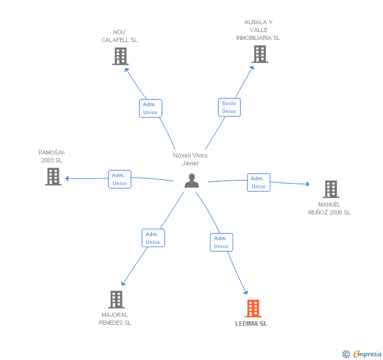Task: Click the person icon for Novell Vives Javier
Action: coord(192,181)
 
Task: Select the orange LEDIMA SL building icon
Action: coord(253,308)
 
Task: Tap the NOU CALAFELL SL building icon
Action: coord(120,56)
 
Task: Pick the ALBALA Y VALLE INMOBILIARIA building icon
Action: coord(259,54)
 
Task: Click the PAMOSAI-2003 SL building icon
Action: coord(53,177)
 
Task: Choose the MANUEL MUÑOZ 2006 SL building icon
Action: coord(330,189)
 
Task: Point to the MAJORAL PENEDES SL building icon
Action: coord(116,300)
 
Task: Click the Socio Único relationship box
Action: coord(229,107)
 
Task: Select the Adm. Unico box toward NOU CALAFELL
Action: coord(150,108)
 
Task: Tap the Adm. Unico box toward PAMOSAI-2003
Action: coord(119,179)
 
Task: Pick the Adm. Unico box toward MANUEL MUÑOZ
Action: coord(258,182)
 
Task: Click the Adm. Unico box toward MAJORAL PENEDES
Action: coord(153,238)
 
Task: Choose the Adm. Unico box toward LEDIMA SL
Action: coord(221,242)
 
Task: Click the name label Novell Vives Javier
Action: coord(190,159)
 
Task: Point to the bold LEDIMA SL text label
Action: coord(251,324)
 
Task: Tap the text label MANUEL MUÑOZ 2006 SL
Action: coord(329,209)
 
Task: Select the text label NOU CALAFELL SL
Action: coord(119,36)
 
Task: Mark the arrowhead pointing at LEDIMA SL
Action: coord(245,292)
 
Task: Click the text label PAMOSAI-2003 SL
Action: coord(52,156)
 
